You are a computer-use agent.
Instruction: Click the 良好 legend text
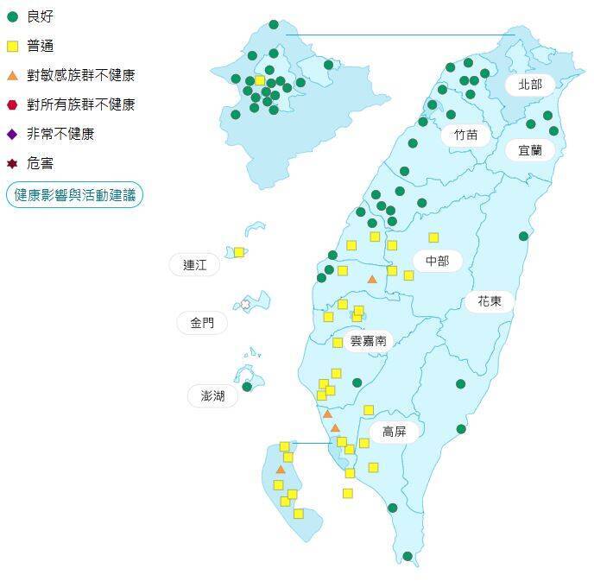(x=40, y=16)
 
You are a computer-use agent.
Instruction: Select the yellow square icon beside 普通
(x=12, y=46)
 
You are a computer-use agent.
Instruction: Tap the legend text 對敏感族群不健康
(x=80, y=75)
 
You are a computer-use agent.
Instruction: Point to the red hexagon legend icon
(x=12, y=104)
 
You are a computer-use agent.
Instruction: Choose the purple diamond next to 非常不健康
(x=12, y=134)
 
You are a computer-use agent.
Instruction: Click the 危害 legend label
(x=40, y=163)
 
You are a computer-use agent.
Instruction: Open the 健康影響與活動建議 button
(x=74, y=195)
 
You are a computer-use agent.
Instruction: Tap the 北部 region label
(x=530, y=84)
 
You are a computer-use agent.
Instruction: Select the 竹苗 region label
(x=466, y=135)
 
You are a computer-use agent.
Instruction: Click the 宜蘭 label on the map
(x=530, y=149)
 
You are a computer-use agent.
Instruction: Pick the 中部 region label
(x=438, y=261)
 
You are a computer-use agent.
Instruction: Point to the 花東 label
(x=490, y=301)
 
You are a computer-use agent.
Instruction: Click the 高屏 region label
(x=394, y=431)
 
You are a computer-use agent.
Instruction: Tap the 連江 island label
(x=195, y=265)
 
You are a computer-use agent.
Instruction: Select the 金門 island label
(x=202, y=324)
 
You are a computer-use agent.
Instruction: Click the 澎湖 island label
(x=212, y=395)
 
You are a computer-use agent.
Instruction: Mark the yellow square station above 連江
(x=239, y=252)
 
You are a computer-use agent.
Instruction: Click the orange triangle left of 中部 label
(x=372, y=279)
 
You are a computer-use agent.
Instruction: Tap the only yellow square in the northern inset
(x=260, y=80)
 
